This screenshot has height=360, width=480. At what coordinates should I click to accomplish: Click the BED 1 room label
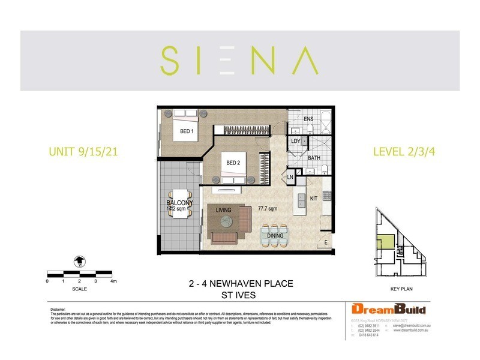pos(187,131)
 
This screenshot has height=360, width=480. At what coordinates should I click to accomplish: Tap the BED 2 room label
pos(233,163)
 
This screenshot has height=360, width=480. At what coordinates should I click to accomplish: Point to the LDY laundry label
pos(296,142)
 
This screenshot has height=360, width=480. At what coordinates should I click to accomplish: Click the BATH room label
pos(313,158)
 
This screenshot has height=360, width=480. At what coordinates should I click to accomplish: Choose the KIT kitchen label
pos(313,197)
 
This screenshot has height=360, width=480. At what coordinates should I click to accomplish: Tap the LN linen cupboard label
pos(290,177)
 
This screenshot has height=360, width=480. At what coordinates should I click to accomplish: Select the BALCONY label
pos(179,204)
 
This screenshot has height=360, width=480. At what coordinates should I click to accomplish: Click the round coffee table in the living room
pos(229,222)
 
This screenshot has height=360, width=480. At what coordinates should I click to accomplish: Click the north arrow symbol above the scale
pos(79,261)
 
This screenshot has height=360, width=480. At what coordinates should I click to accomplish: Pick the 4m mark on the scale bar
pos(113,281)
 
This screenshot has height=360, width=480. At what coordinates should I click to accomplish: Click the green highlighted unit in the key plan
pos(386,243)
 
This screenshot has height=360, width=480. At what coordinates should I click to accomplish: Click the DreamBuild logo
pos(389,310)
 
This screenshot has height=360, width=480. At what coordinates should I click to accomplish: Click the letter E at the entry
pos(326,242)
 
